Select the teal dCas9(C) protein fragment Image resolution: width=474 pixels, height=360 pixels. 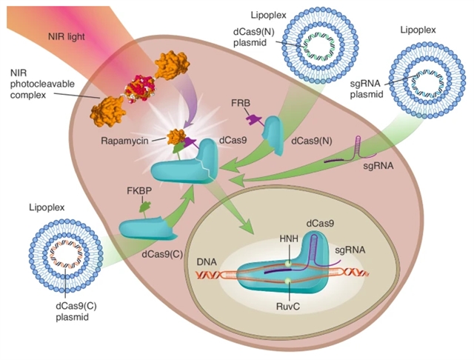(147, 228)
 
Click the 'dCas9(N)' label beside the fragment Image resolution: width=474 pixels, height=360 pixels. (313, 139)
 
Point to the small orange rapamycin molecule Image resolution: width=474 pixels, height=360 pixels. (176, 137)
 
